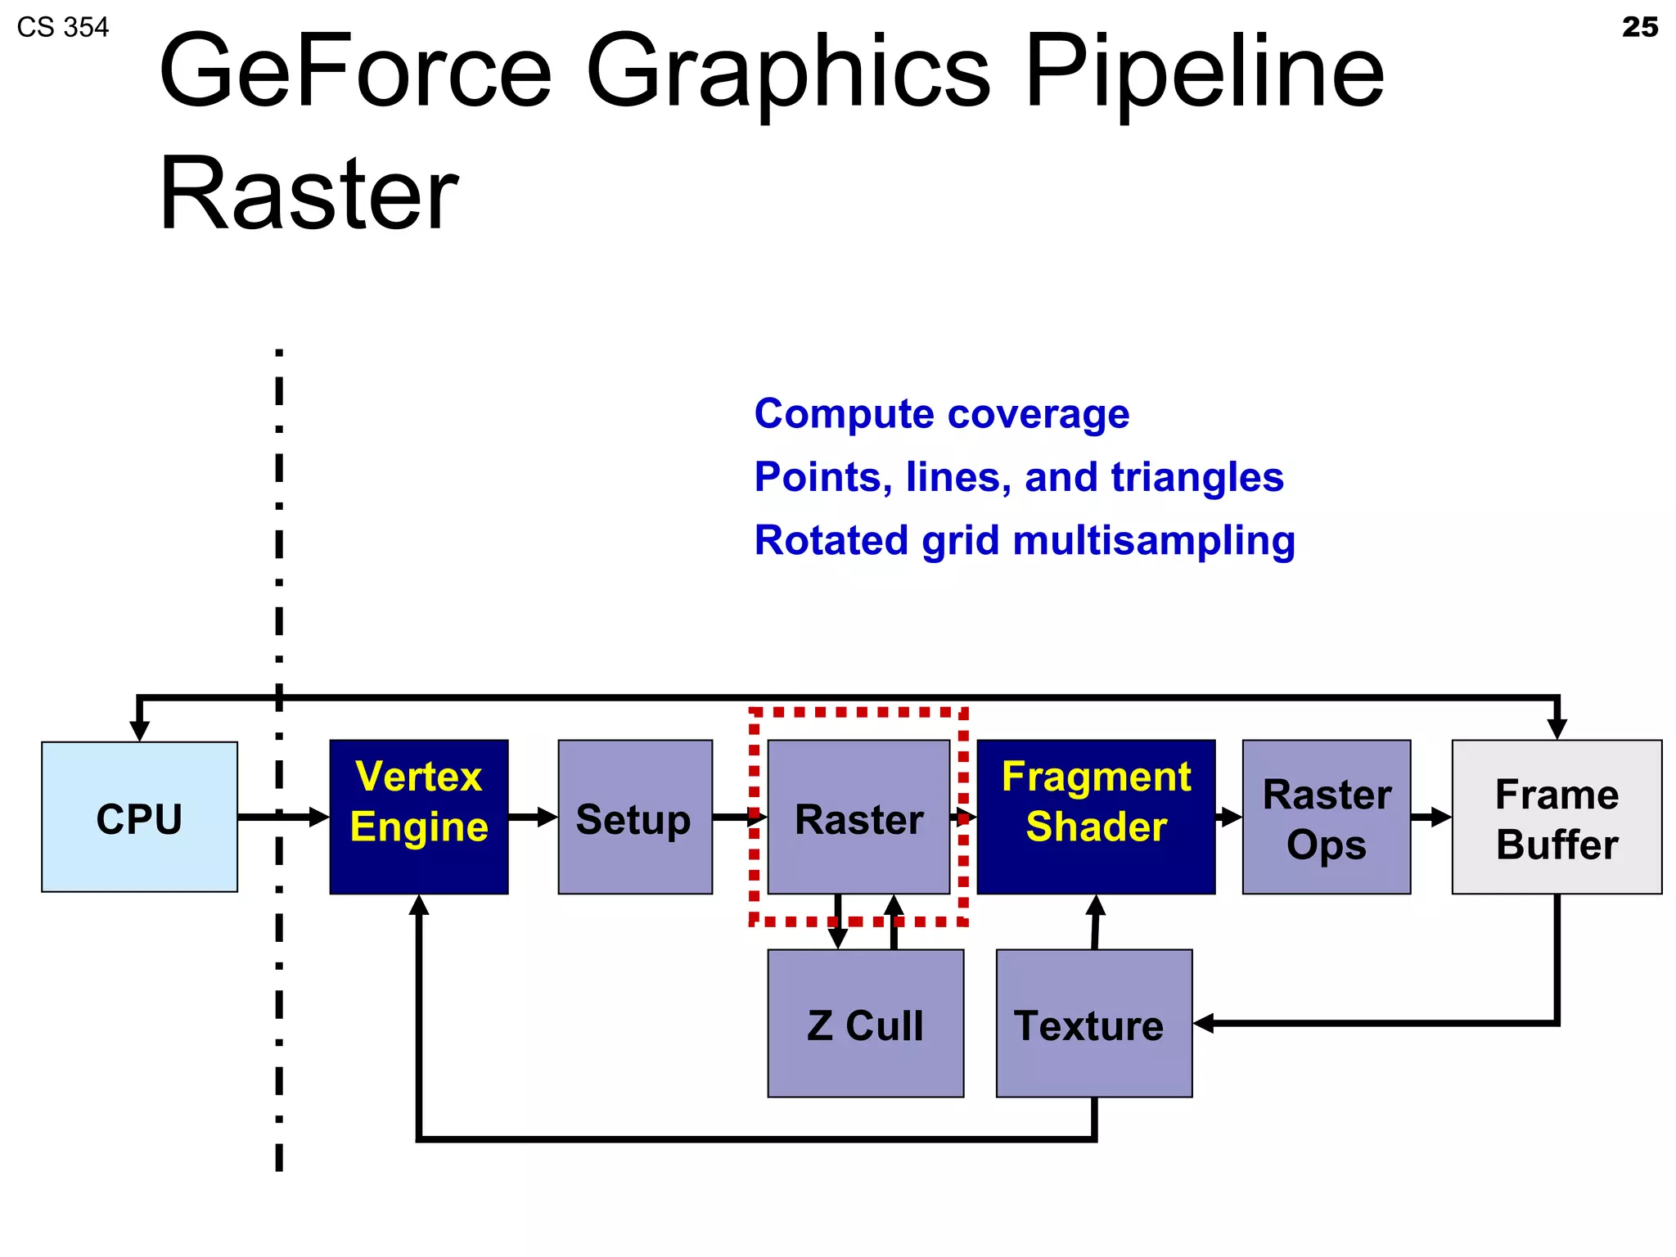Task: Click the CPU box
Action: pyautogui.click(x=139, y=817)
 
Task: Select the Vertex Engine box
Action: pyautogui.click(x=418, y=817)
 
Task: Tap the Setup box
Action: pyautogui.click(x=634, y=817)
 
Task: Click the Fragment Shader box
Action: pyautogui.click(x=1096, y=817)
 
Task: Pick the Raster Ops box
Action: pyautogui.click(x=1326, y=817)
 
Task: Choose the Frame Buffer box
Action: pyautogui.click(x=1557, y=817)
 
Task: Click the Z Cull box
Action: pyautogui.click(x=865, y=1023)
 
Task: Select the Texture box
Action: pyautogui.click(x=1093, y=1023)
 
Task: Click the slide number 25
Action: pyautogui.click(x=1639, y=27)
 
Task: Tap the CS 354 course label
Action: pyautogui.click(x=63, y=28)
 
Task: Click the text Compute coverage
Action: pyautogui.click(x=941, y=414)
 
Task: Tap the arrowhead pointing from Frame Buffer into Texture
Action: pyautogui.click(x=1203, y=1023)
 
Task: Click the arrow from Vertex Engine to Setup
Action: pyautogui.click(x=533, y=817)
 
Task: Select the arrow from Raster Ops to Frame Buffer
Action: pyautogui.click(x=1431, y=817)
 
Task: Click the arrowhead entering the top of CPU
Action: pyautogui.click(x=140, y=730)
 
